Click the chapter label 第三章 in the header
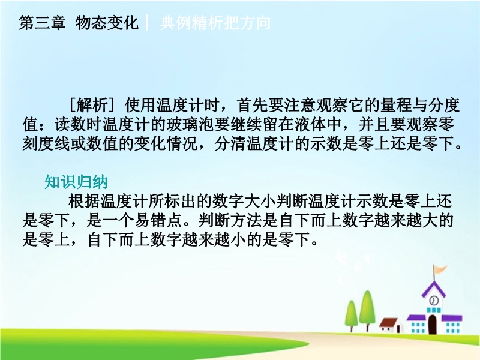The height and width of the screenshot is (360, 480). pyautogui.click(x=42, y=23)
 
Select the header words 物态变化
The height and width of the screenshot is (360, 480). pyautogui.click(x=107, y=23)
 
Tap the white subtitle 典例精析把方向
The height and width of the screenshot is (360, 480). pyautogui.click(x=215, y=23)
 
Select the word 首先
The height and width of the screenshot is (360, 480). pyautogui.click(x=253, y=106)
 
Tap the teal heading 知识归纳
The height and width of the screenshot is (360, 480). pyautogui.click(x=76, y=182)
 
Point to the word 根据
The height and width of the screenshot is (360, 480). pyautogui.click(x=84, y=202)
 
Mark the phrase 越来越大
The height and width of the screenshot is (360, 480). pyautogui.click(x=406, y=220)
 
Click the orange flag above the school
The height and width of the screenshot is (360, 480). pyautogui.click(x=440, y=269)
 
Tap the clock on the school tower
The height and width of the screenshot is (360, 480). pyautogui.click(x=433, y=301)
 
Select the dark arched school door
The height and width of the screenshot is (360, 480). pyautogui.click(x=432, y=324)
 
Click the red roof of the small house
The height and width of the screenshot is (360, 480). pyautogui.click(x=388, y=322)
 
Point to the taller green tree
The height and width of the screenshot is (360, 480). pyautogui.click(x=367, y=308)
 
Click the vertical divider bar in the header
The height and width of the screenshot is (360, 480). pyautogui.click(x=147, y=23)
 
